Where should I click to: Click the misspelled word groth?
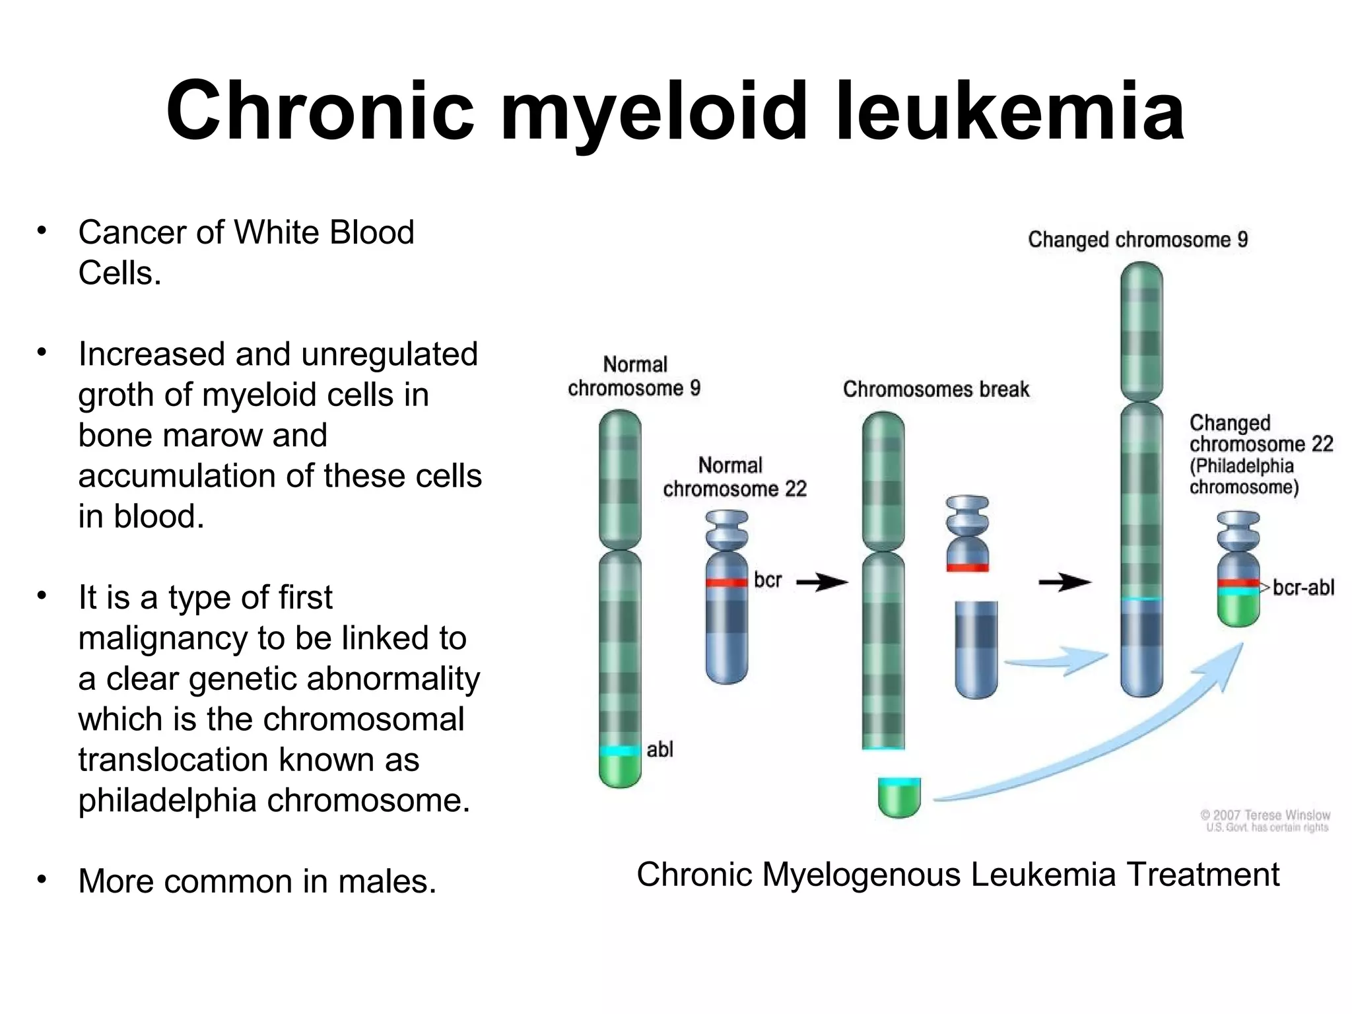click(x=116, y=395)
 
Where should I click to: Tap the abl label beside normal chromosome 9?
click(x=659, y=749)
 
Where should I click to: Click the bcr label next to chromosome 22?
click(x=767, y=580)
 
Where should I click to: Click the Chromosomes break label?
click(x=935, y=389)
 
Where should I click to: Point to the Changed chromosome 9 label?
click(x=1137, y=239)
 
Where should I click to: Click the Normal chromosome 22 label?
click(x=734, y=477)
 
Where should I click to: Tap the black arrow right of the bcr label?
click(x=822, y=582)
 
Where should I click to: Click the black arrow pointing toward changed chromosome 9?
click(x=1064, y=582)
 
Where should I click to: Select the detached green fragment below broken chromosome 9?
click(x=899, y=799)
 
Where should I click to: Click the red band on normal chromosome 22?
click(x=726, y=582)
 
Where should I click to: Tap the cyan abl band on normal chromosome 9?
click(x=620, y=751)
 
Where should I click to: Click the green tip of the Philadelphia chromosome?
click(x=1238, y=611)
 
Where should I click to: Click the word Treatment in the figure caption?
click(x=1203, y=875)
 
